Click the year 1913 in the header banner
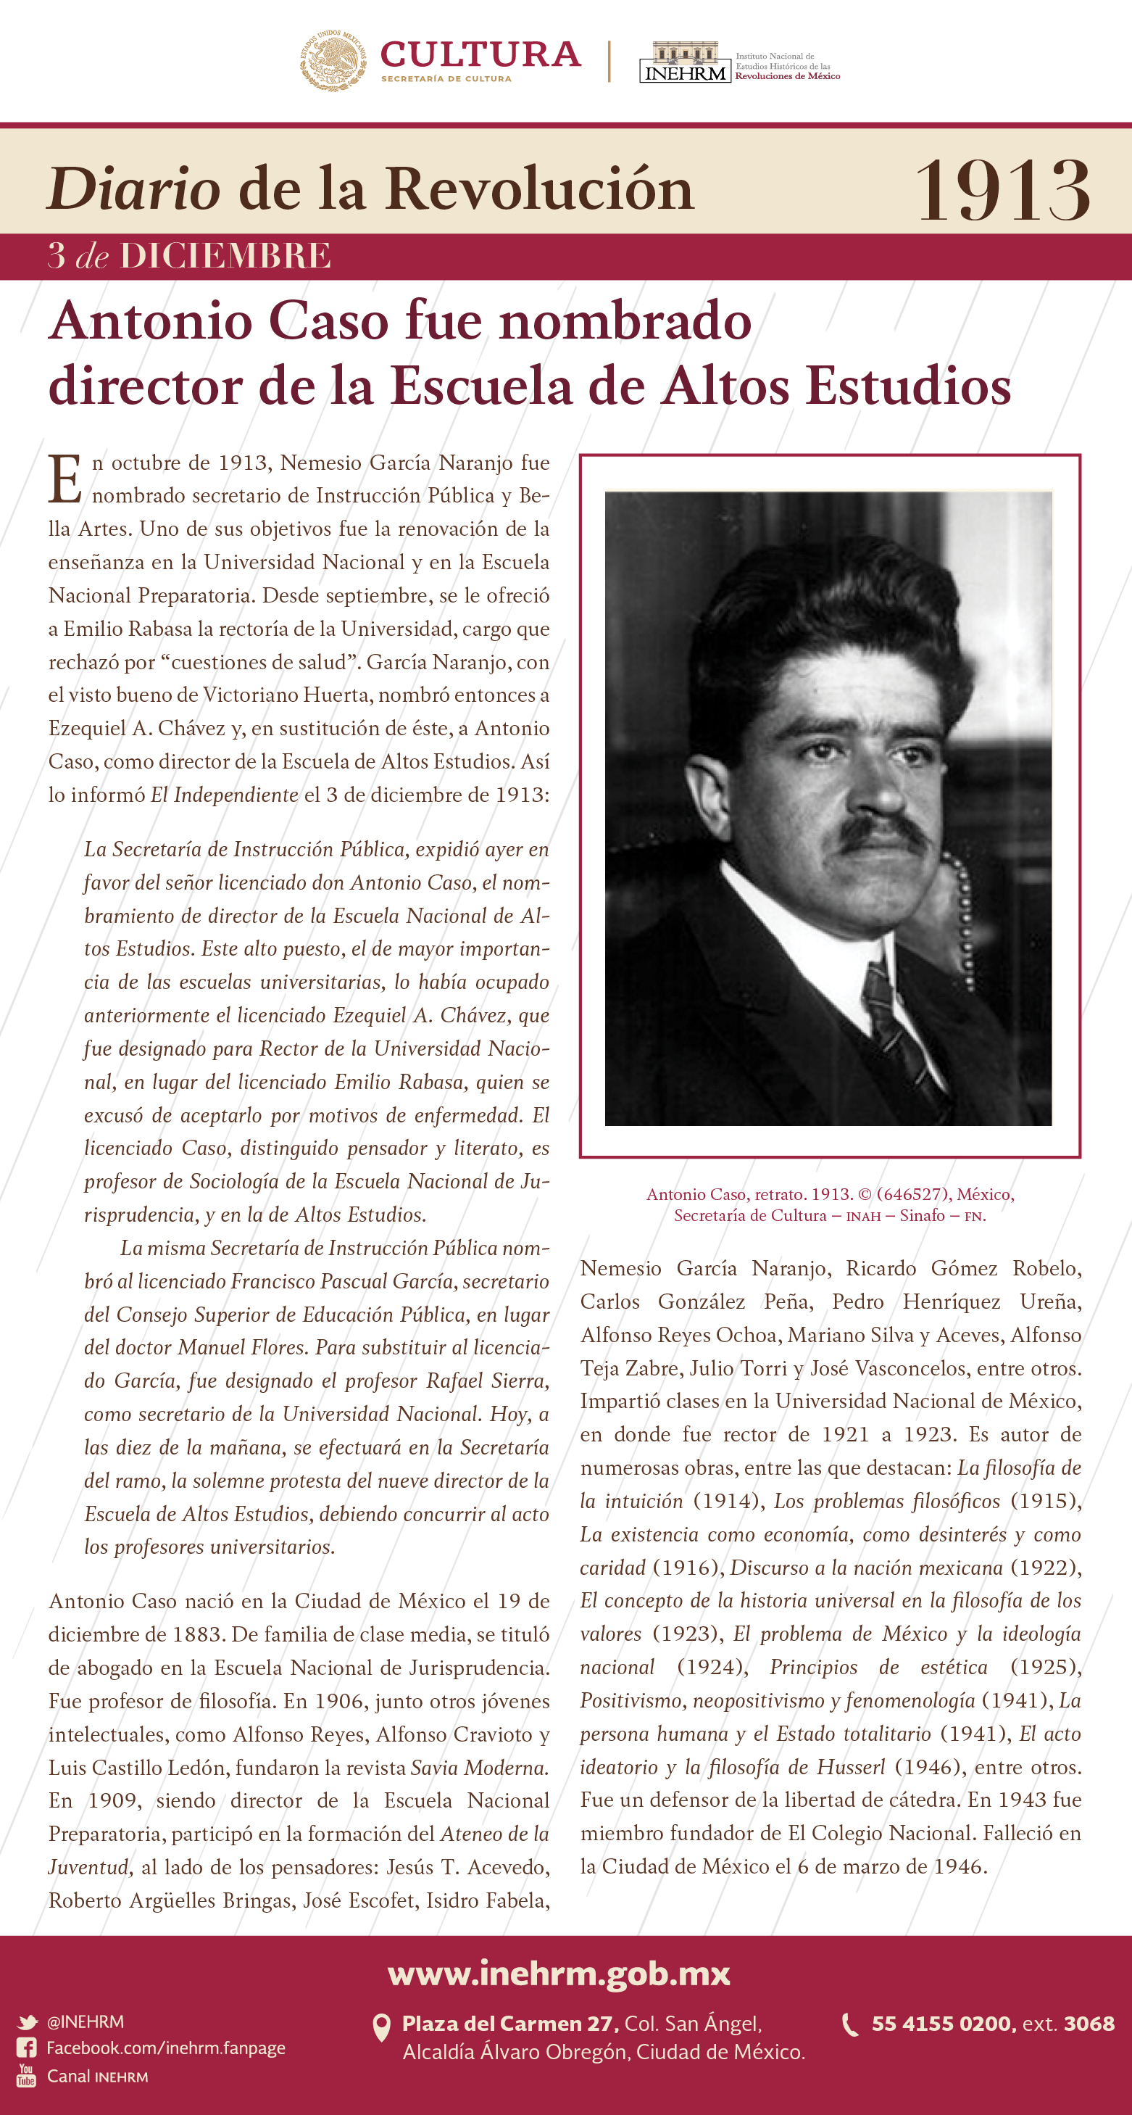1002,191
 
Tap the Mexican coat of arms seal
333,61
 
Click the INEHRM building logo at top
685,62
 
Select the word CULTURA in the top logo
480,54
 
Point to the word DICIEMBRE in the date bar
225,256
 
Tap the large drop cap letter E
64,479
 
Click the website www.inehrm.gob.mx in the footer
559,1973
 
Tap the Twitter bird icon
27,2022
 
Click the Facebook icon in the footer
26,2048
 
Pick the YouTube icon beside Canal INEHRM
26,2077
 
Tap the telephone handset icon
850,2024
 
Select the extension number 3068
1089,2024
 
